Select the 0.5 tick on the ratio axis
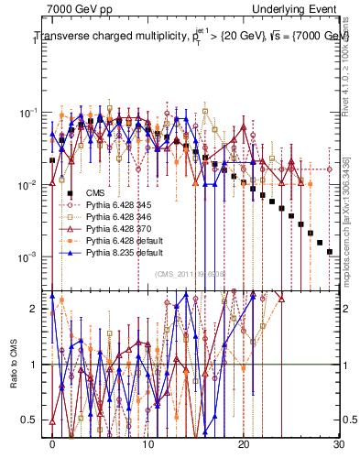[29, 420]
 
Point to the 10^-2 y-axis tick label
[27, 185]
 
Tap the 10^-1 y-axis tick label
[27, 114]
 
